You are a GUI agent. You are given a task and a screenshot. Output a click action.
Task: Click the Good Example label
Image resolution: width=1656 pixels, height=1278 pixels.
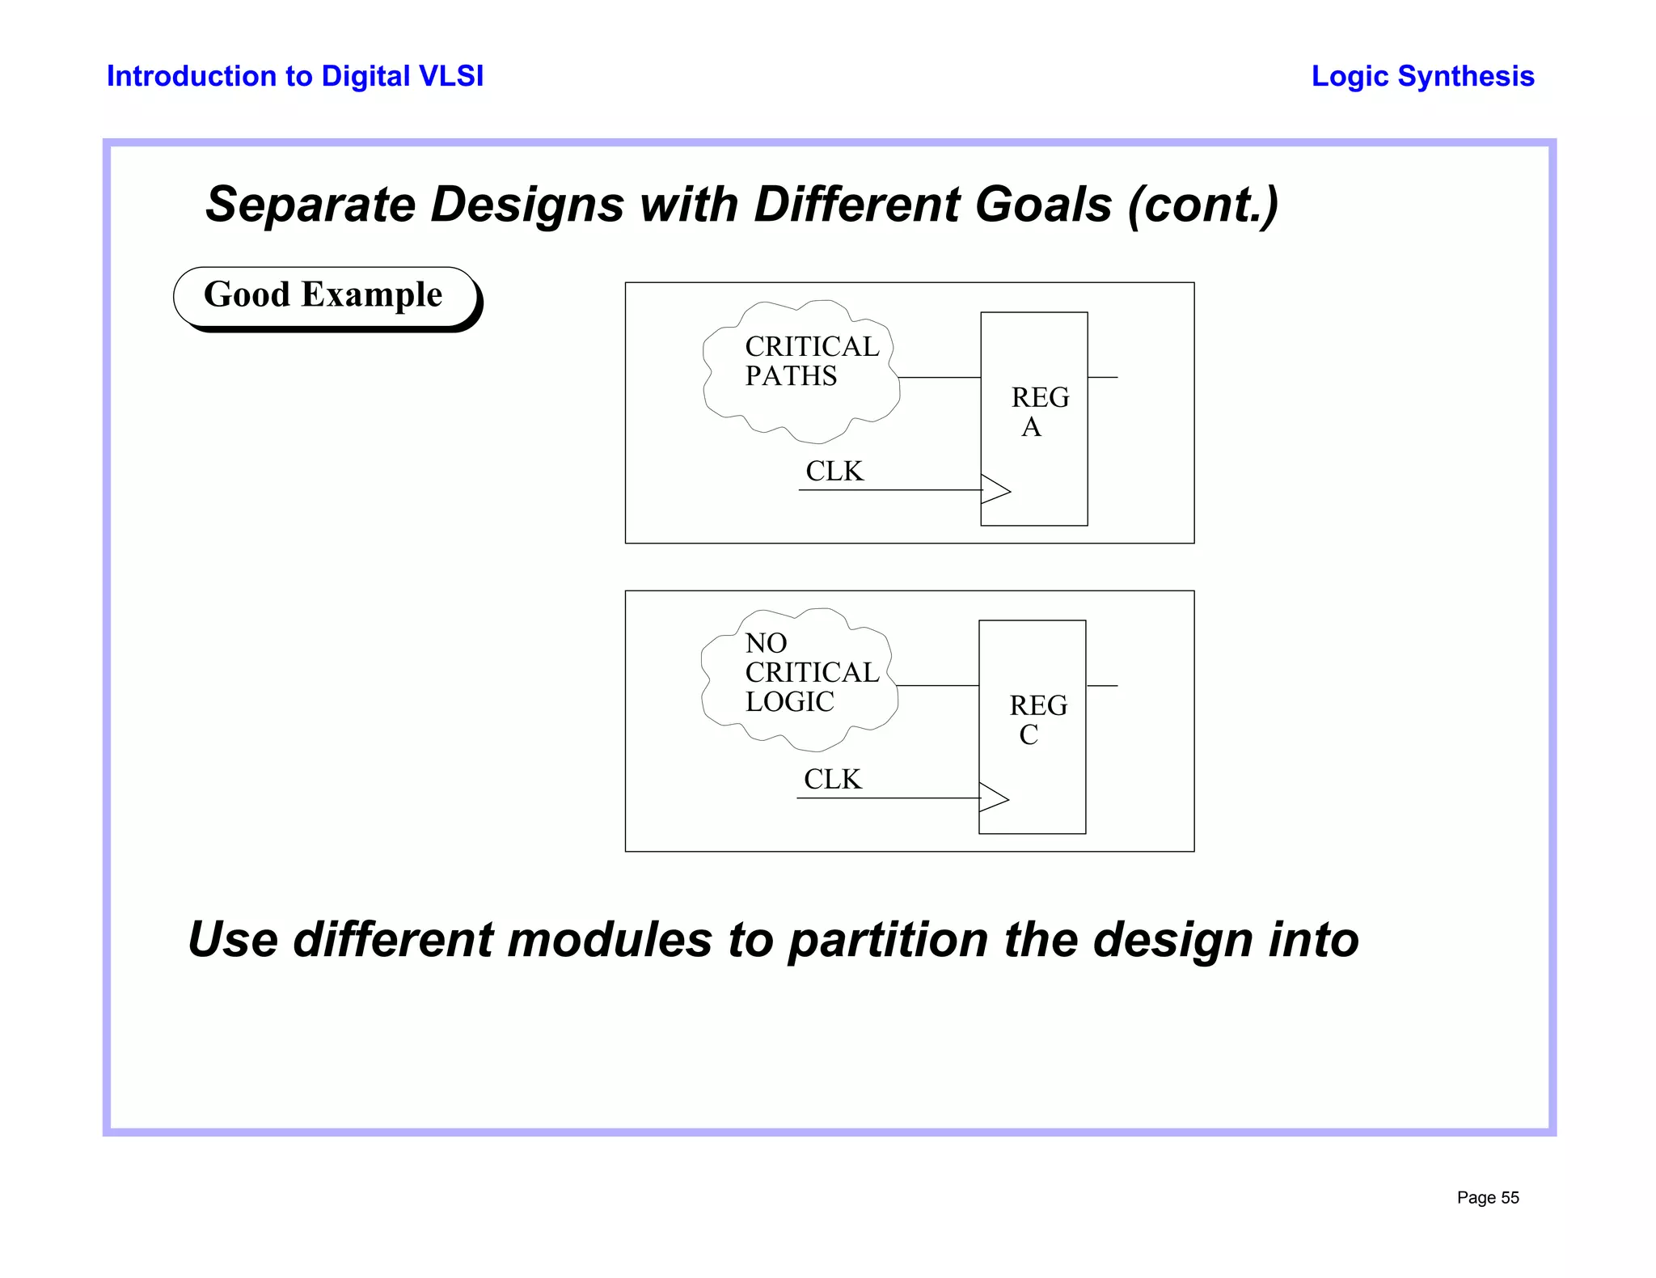[x=323, y=295]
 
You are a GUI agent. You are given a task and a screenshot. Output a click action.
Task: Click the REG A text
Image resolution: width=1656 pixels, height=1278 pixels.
[x=1038, y=412]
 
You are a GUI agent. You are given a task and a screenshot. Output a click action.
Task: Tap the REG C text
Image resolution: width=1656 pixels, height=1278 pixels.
[x=1037, y=720]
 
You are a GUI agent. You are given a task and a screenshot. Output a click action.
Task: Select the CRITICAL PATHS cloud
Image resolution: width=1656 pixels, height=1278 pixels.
[x=801, y=372]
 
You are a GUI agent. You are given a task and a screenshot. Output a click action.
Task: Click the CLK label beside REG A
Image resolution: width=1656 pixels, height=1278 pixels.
[x=834, y=471]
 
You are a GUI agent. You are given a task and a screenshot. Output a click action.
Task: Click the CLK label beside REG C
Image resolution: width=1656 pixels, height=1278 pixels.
[x=833, y=779]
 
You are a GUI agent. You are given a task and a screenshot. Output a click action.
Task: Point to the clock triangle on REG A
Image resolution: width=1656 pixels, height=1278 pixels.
[x=994, y=489]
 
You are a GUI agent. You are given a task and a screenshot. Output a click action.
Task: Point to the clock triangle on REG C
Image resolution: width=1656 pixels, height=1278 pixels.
[x=992, y=798]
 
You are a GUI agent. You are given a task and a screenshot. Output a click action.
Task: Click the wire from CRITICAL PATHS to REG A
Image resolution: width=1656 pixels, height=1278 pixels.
[x=940, y=378]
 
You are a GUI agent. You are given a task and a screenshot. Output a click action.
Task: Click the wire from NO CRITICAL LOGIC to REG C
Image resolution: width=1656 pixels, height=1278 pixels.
[x=938, y=686]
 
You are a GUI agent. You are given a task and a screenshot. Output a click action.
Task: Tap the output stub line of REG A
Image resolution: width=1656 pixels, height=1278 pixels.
[x=1103, y=378]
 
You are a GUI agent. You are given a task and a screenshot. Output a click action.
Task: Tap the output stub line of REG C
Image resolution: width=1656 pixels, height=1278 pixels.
[x=1102, y=686]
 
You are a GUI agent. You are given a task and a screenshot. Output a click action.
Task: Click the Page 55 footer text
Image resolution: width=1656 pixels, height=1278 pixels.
[x=1487, y=1198]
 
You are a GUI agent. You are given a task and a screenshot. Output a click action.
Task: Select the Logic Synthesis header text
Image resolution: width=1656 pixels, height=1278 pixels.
[x=1422, y=76]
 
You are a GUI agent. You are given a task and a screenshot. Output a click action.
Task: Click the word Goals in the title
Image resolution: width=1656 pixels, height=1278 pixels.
[x=1043, y=204]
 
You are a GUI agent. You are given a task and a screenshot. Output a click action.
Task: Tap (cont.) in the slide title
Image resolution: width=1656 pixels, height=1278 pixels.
[x=1203, y=204]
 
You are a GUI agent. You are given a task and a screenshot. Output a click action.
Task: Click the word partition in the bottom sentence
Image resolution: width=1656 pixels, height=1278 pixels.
[x=888, y=940]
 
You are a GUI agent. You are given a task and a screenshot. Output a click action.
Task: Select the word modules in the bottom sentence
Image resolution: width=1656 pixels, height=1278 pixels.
[x=610, y=940]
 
